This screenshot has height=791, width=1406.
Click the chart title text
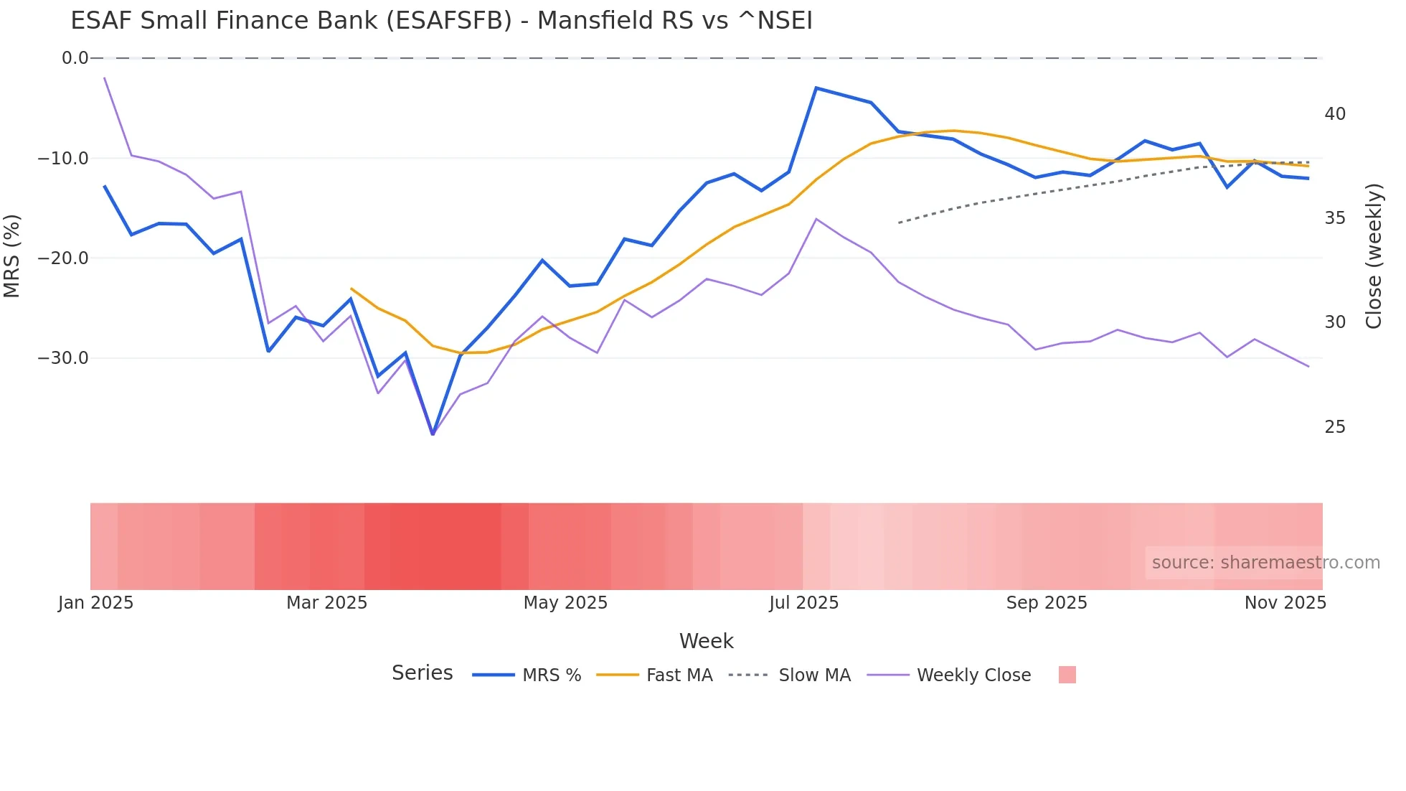(441, 21)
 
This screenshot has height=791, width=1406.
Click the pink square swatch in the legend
(1067, 675)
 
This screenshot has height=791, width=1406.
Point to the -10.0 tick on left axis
(63, 158)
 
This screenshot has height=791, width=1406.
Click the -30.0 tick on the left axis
(63, 357)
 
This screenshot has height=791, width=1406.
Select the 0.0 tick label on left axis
(75, 58)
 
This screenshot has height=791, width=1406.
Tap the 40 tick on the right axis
(1335, 114)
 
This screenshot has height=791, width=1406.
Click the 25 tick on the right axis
(1335, 427)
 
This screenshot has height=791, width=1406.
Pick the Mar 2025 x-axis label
(326, 603)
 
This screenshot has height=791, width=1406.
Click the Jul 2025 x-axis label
(803, 603)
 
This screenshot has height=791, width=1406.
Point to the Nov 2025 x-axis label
(1285, 603)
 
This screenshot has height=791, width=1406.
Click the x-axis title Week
(706, 641)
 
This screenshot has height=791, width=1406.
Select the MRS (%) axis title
(12, 256)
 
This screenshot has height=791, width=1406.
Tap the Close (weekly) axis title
(1374, 256)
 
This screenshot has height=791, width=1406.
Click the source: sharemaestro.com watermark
(1265, 563)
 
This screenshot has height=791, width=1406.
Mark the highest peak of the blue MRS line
(816, 88)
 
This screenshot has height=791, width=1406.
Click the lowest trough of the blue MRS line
(433, 434)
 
